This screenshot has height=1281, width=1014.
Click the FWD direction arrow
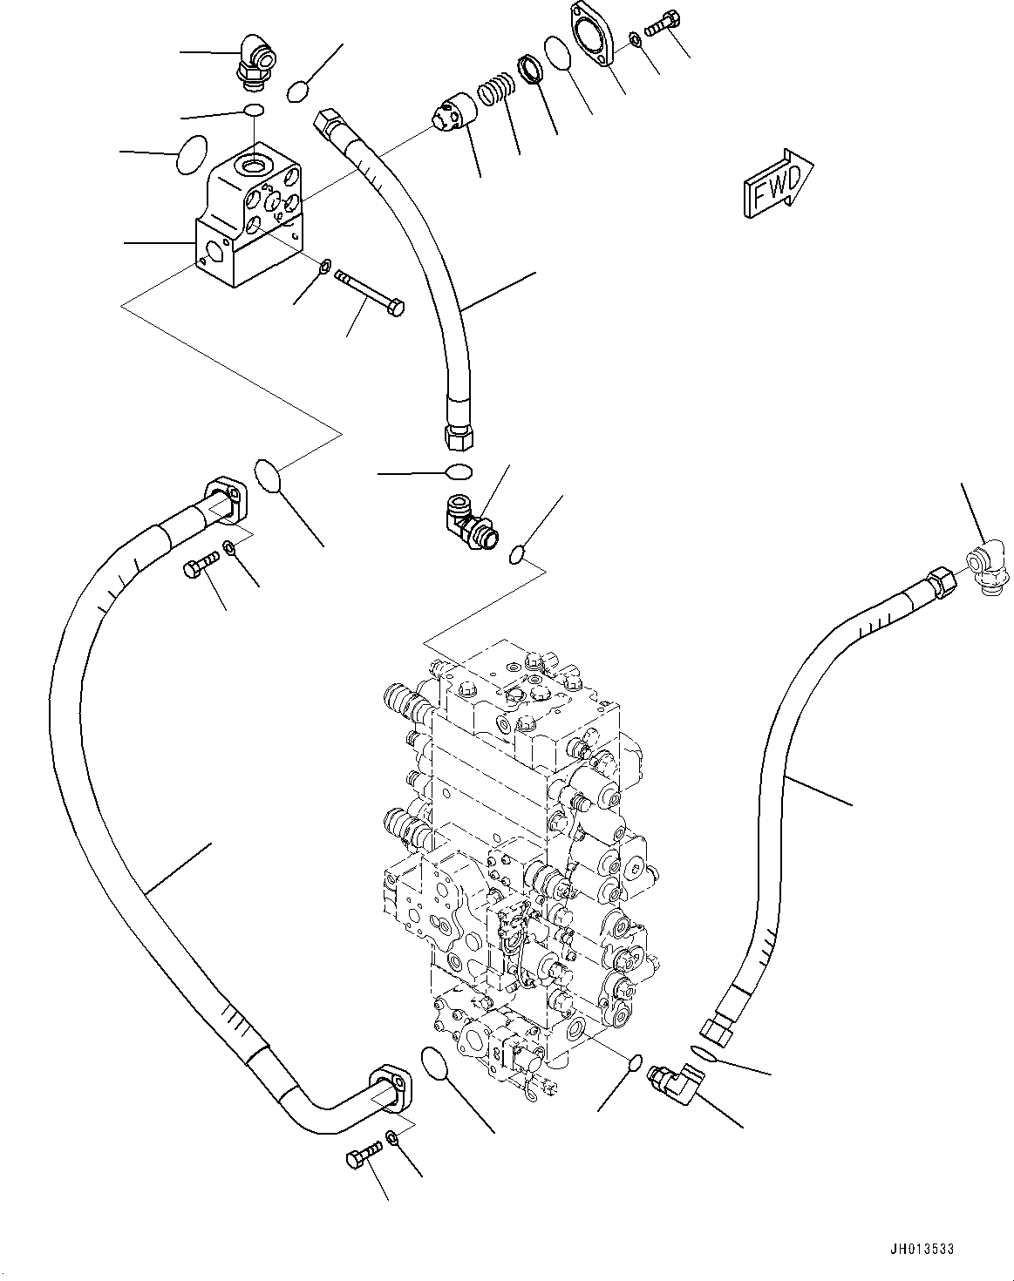(x=778, y=183)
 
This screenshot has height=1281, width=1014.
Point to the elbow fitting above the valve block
(x=255, y=63)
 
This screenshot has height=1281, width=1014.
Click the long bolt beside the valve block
(x=370, y=294)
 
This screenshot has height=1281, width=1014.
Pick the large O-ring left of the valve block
(x=192, y=155)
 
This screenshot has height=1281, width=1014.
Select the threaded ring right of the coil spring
(x=531, y=69)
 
